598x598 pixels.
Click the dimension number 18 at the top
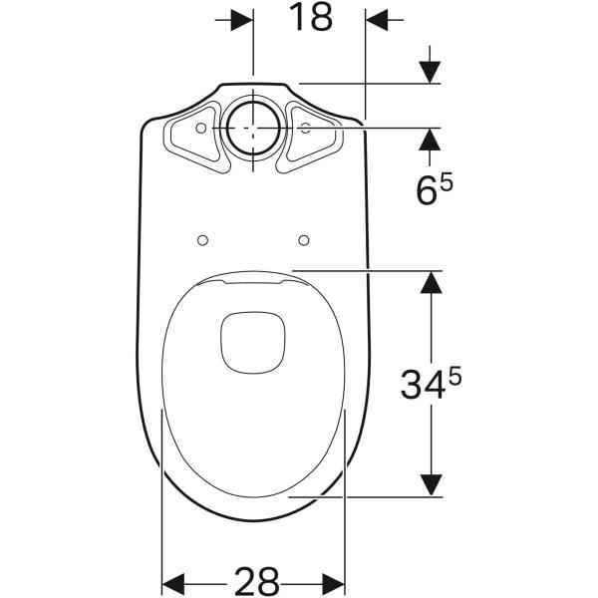click(x=311, y=18)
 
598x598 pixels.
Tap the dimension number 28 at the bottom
click(x=257, y=580)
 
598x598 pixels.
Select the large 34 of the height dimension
click(x=423, y=384)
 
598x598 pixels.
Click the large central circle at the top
click(x=252, y=129)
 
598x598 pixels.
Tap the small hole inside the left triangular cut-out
click(x=201, y=129)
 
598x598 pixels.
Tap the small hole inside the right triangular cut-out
click(x=305, y=129)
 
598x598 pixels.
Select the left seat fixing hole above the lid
click(x=202, y=240)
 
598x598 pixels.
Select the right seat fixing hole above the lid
click(x=304, y=240)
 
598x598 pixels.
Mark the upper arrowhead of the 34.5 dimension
click(x=431, y=281)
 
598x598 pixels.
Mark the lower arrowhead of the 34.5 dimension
click(x=431, y=483)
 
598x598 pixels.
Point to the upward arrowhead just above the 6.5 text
click(x=431, y=140)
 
